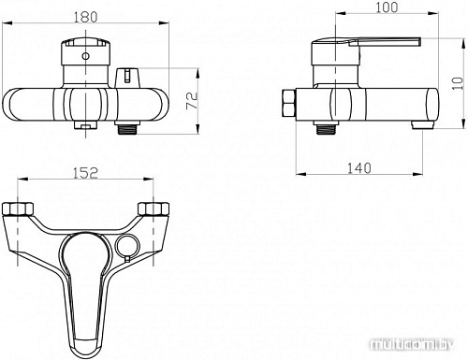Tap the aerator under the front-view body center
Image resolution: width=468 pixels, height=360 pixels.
click(x=84, y=122)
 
